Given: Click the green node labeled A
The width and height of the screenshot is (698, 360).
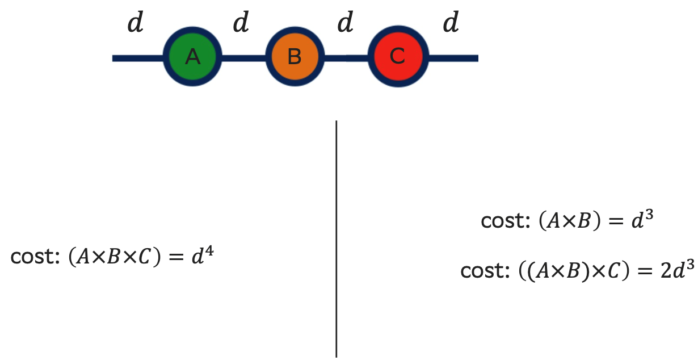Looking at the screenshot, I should pyautogui.click(x=192, y=57).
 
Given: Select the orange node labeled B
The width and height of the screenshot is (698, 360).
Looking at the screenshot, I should pyautogui.click(x=295, y=57).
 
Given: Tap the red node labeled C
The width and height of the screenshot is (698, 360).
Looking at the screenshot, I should pyautogui.click(x=397, y=57).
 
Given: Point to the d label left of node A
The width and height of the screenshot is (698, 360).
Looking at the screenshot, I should pyautogui.click(x=135, y=24).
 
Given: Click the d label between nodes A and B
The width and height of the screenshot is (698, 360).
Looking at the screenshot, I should pyautogui.click(x=241, y=24).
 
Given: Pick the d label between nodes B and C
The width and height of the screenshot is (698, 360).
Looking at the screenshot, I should pyautogui.click(x=346, y=24).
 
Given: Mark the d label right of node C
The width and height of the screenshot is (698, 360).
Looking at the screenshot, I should pyautogui.click(x=451, y=24).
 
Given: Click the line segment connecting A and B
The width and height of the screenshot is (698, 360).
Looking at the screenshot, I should pyautogui.click(x=243, y=58).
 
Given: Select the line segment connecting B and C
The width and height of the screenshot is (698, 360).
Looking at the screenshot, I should pyautogui.click(x=346, y=58).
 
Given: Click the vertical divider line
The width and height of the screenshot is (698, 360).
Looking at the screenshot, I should pyautogui.click(x=337, y=238).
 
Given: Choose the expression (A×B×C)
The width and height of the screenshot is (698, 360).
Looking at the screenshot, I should pyautogui.click(x=115, y=258).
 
